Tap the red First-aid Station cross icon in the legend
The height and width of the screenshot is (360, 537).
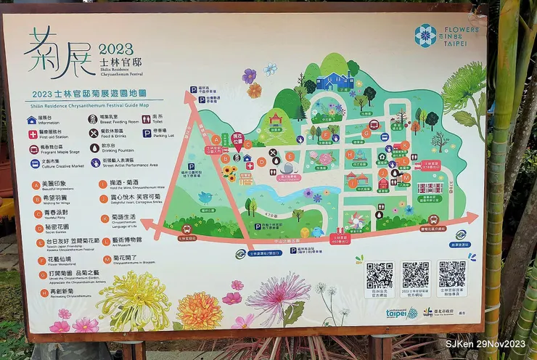[33, 134]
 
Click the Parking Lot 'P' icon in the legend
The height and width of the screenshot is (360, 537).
[147, 134]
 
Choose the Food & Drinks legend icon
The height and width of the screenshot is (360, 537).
[94, 134]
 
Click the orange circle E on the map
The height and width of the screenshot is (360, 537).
[290, 156]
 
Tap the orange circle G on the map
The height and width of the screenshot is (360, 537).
[366, 134]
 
